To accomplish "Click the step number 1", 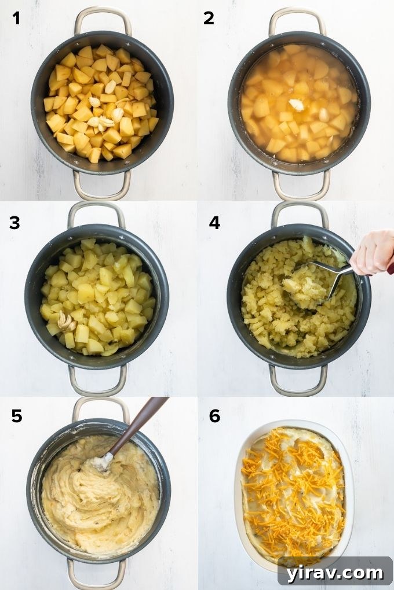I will [16, 19].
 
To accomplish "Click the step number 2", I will [209, 19].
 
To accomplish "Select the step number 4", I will [214, 222].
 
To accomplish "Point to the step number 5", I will [17, 416].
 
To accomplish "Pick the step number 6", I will [214, 416].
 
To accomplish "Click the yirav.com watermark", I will [334, 572].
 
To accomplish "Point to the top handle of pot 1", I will [103, 14].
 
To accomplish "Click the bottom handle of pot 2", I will [301, 191].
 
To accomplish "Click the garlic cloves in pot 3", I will [65, 321].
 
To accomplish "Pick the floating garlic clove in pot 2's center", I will [297, 105].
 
